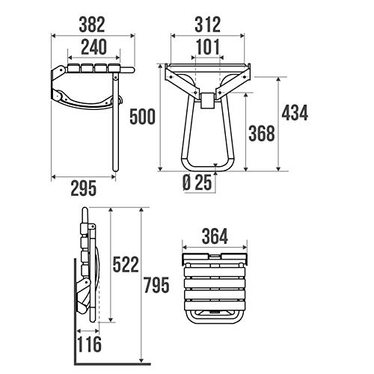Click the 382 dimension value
(92, 25)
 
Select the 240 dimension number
(93, 47)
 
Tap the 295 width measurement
(84, 188)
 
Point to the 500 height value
(142, 117)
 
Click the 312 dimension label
(207, 25)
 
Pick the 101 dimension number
(208, 47)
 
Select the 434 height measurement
(295, 113)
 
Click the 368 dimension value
(262, 133)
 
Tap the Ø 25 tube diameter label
(197, 183)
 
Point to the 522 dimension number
(126, 265)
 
